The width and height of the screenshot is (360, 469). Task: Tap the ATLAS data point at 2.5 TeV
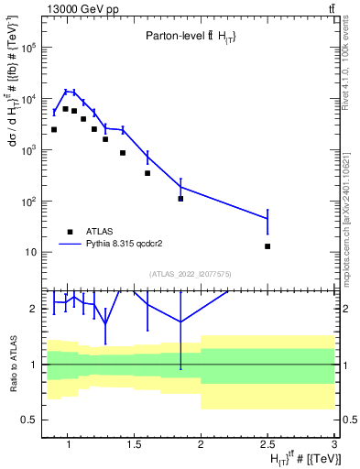point(267,246)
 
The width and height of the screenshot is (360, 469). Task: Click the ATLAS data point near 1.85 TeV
point(180,199)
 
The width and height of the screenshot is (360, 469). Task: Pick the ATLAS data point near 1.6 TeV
point(147,173)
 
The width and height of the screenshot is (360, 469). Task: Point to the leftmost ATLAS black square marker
point(54,130)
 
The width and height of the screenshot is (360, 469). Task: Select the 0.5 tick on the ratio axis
point(28,420)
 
